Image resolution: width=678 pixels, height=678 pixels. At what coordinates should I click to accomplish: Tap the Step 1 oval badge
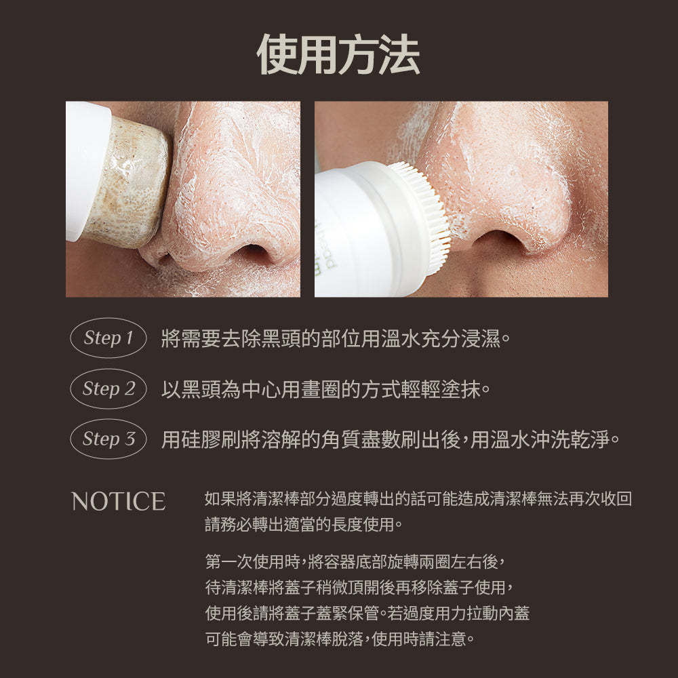108,338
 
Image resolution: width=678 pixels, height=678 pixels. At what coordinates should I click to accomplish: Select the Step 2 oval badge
108,388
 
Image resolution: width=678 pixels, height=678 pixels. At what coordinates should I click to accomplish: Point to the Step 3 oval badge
108,439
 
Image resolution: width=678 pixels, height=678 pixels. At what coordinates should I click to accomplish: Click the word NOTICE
119,502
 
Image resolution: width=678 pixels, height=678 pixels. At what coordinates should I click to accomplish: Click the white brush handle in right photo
359,231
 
